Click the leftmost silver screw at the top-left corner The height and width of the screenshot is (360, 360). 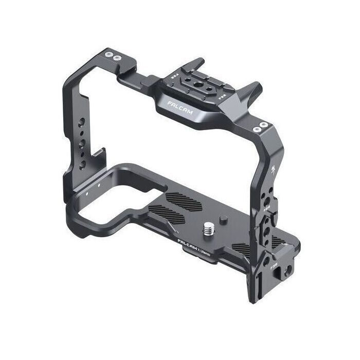point(110,54)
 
